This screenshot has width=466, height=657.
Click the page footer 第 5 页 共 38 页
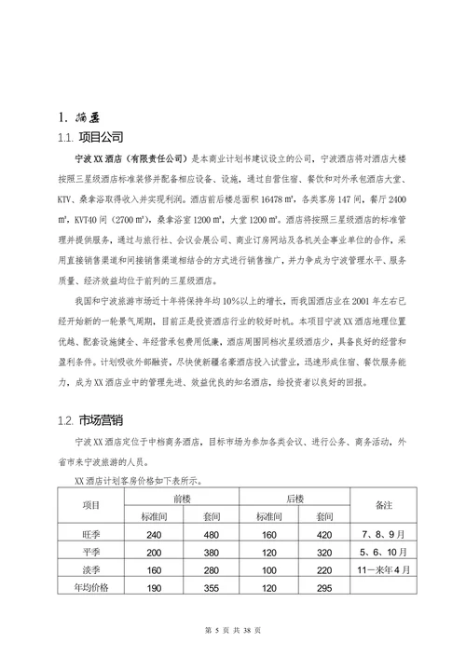(x=234, y=631)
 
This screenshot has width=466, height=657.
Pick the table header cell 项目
(x=91, y=505)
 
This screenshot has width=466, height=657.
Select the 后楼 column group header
(x=295, y=498)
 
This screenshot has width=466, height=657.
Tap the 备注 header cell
(x=382, y=505)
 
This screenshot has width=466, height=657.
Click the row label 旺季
(x=91, y=534)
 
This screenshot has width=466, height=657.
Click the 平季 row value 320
(x=324, y=552)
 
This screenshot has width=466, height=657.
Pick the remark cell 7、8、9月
(x=382, y=534)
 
